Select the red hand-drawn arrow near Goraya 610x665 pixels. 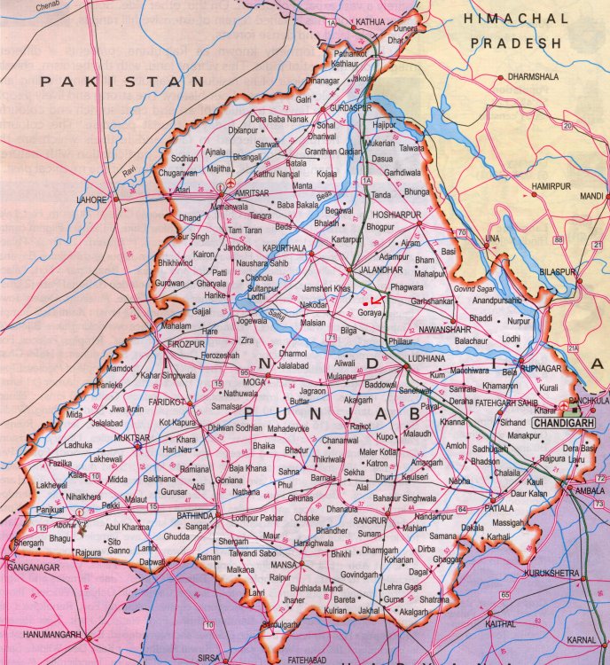point(376,301)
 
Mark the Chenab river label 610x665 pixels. point(26,7)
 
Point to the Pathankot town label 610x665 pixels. point(350,53)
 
